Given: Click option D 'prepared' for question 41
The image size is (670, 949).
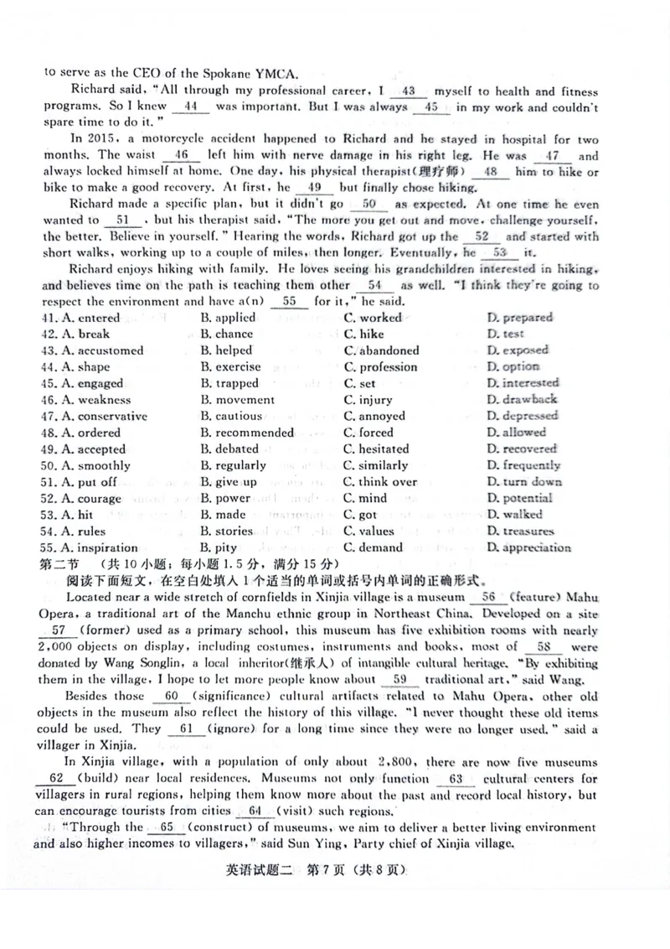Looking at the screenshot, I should point(519,318).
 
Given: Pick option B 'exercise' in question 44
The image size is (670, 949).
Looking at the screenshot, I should point(230,367).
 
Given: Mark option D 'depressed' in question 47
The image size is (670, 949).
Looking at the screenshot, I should point(522,416).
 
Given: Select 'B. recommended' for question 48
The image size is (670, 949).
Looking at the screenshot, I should point(247,433).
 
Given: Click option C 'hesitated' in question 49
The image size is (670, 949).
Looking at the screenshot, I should point(376,449).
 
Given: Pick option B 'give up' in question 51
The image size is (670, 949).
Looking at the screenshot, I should point(229,482).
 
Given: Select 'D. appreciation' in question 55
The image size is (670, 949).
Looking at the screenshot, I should point(528,548).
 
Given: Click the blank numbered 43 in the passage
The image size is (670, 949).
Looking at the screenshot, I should point(409,91).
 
